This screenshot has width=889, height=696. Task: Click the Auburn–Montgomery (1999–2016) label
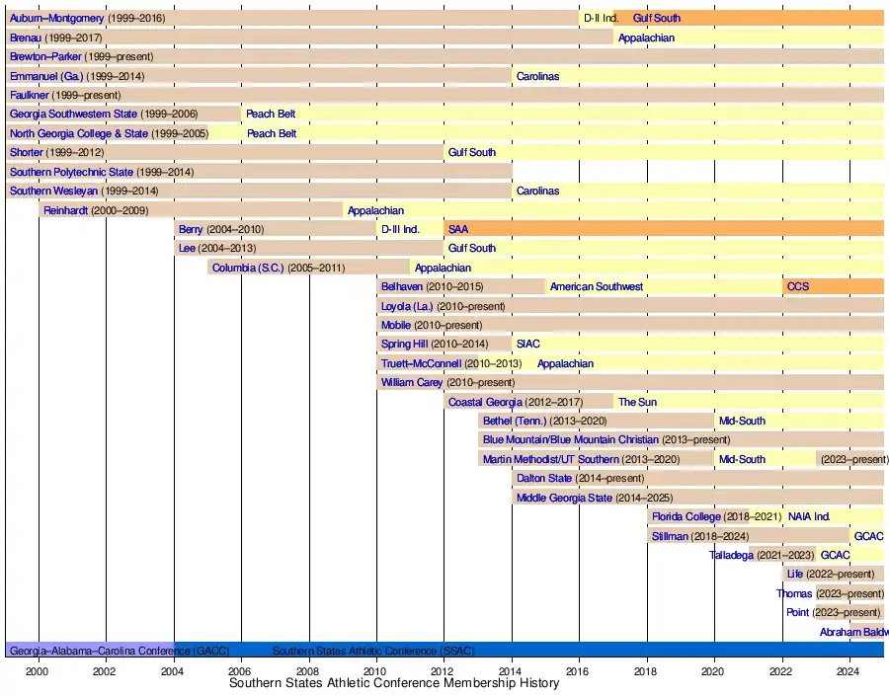87,18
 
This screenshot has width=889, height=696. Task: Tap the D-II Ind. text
601,18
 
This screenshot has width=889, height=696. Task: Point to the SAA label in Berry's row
458,229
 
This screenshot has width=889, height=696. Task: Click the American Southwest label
596,286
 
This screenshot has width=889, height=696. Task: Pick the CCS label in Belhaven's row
797,286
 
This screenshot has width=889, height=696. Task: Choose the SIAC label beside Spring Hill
528,344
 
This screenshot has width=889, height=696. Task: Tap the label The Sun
637,402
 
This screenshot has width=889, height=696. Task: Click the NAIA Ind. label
809,516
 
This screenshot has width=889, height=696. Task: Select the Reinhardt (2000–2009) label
95,210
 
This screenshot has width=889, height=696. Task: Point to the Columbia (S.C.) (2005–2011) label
279,268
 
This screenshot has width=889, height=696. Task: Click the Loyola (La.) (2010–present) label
443,306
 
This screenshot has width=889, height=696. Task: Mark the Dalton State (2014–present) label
580,478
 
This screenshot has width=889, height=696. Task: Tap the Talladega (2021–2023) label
762,555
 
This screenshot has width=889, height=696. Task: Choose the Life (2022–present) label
830,574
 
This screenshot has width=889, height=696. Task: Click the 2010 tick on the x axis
376,670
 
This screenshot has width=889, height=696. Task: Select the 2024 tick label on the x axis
849,670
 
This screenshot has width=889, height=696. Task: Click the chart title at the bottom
393,683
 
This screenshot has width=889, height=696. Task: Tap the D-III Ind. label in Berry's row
400,229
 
